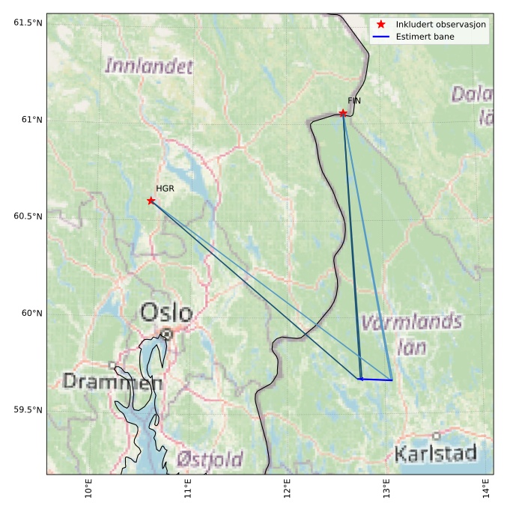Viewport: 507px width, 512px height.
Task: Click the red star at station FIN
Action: tap(343, 113)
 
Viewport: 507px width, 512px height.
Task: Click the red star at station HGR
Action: tap(151, 201)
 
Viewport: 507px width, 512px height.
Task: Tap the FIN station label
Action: tap(354, 100)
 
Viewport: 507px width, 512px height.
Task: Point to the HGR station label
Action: tap(165, 189)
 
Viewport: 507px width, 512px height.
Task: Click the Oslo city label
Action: tap(166, 312)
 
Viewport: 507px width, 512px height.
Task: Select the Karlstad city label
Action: tap(435, 453)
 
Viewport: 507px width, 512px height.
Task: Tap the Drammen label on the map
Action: tap(112, 382)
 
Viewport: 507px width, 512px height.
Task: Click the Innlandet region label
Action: tap(149, 66)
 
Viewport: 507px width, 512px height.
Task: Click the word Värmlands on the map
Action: tap(412, 323)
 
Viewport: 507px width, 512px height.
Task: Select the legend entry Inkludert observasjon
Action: tap(441, 25)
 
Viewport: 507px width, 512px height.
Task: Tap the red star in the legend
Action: tap(381, 25)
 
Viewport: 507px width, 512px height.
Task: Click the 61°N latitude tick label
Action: tap(28, 120)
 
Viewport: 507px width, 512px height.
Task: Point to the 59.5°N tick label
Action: tap(24, 409)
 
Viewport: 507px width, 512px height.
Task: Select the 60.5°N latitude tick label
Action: tap(24, 216)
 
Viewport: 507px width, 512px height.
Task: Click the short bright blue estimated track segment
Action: tap(376, 380)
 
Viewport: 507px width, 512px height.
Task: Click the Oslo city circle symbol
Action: tap(167, 334)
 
